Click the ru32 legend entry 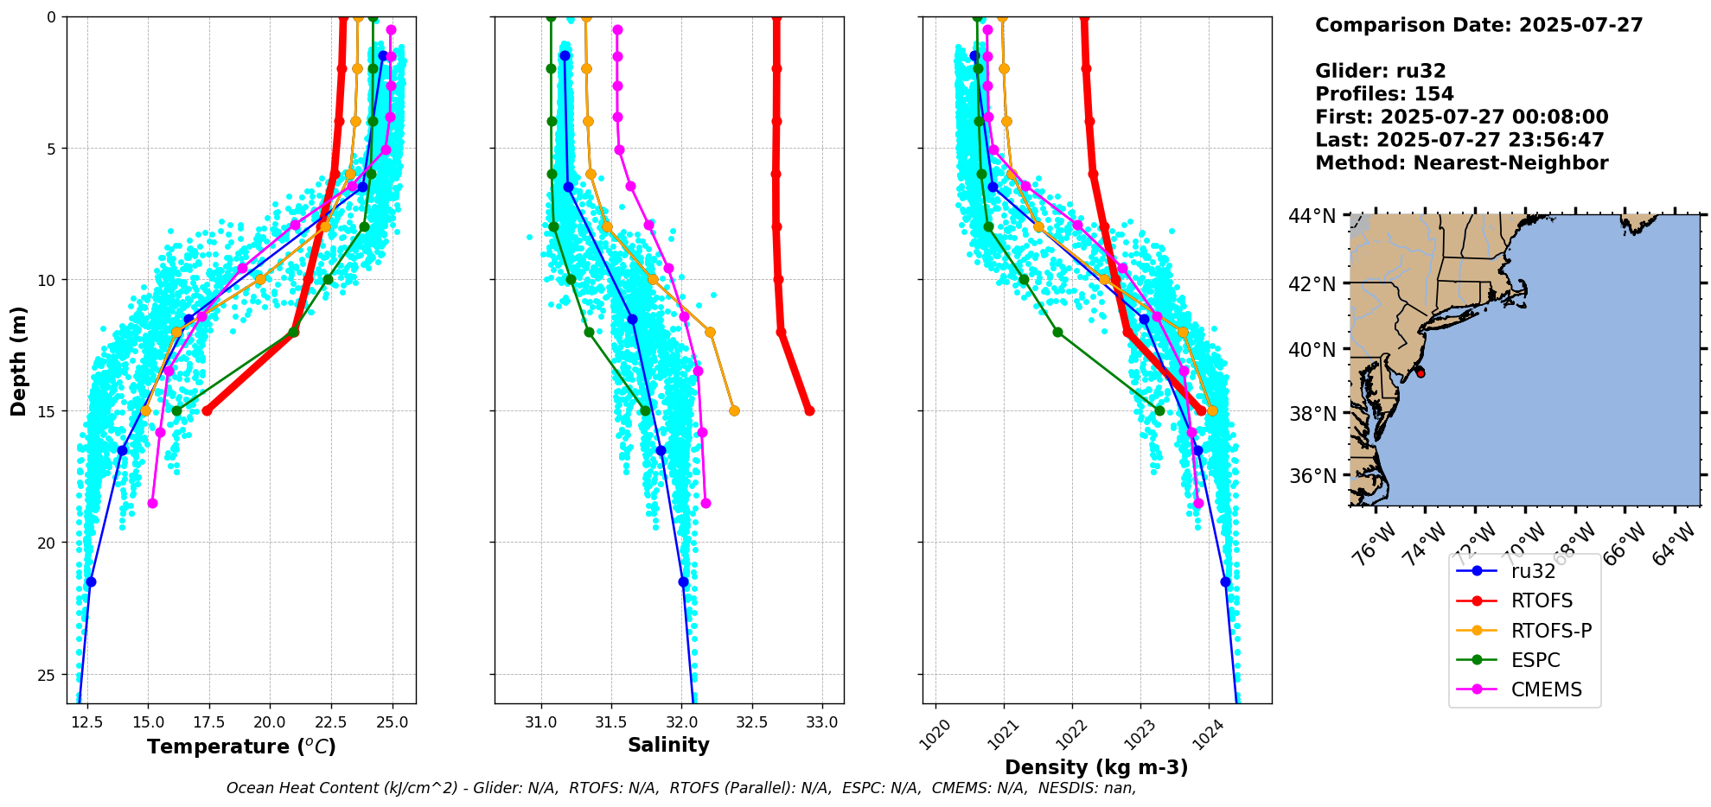[x=1532, y=571]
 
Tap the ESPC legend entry [x=1535, y=660]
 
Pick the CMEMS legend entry [x=1546, y=689]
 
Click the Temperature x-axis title [x=241, y=747]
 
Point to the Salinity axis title [x=668, y=746]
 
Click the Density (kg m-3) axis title [x=1095, y=767]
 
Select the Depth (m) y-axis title [x=19, y=360]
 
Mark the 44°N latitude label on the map [x=1312, y=216]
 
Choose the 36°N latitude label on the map [x=1312, y=476]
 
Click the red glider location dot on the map [x=1421, y=373]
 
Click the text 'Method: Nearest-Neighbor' [x=1461, y=162]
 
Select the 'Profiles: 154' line [x=1384, y=94]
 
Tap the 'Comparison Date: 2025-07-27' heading [x=1478, y=25]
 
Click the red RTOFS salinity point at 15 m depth [x=809, y=410]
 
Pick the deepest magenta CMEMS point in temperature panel [x=152, y=503]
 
